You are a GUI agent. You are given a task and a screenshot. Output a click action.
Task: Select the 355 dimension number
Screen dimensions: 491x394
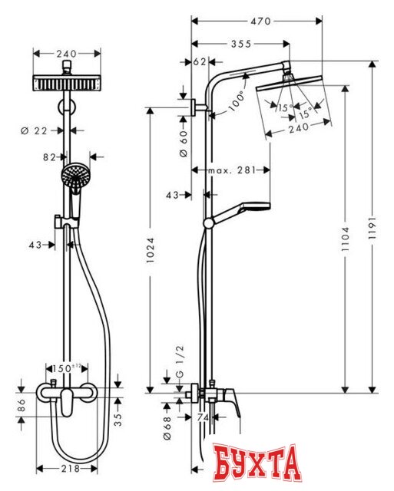pyautogui.click(x=241, y=44)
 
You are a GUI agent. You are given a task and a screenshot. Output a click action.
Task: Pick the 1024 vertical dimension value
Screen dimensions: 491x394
pyautogui.click(x=151, y=249)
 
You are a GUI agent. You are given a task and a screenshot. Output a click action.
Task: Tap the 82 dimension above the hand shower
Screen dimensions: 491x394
pyautogui.click(x=50, y=157)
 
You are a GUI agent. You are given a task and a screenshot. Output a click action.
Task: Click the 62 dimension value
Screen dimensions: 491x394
pyautogui.click(x=200, y=62)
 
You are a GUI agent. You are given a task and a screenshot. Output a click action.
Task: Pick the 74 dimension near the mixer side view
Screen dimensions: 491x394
pyautogui.click(x=204, y=417)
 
